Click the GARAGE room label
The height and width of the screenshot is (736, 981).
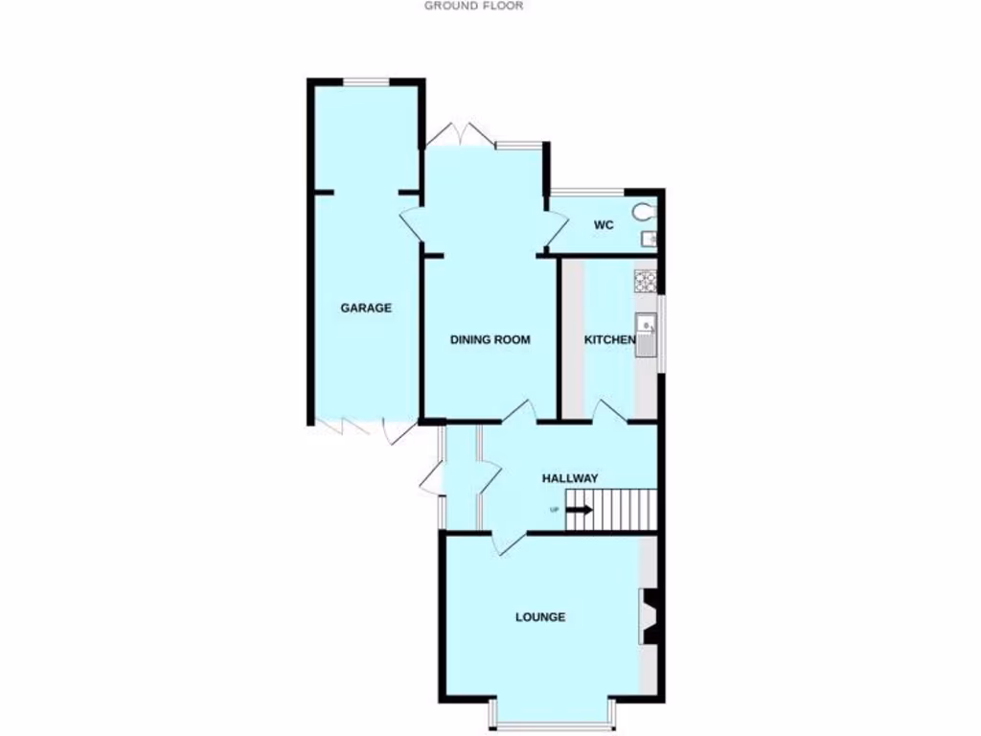click(366, 308)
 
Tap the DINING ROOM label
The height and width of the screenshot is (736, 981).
click(490, 339)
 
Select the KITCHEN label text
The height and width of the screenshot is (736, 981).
click(610, 339)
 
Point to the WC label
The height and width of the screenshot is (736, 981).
click(603, 225)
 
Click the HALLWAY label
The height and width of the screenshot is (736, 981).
click(570, 478)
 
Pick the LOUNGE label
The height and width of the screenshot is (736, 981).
click(540, 616)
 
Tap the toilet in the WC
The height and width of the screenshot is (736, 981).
click(644, 211)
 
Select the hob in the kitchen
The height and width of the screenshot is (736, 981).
click(645, 281)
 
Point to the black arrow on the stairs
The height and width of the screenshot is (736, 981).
click(579, 510)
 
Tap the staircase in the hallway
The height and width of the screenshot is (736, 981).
click(609, 507)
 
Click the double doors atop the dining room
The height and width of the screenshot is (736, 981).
click(461, 136)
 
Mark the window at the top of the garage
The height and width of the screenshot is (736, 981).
click(365, 82)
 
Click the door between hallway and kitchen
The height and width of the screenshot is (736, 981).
click(610, 411)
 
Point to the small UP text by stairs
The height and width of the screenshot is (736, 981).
click(554, 509)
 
